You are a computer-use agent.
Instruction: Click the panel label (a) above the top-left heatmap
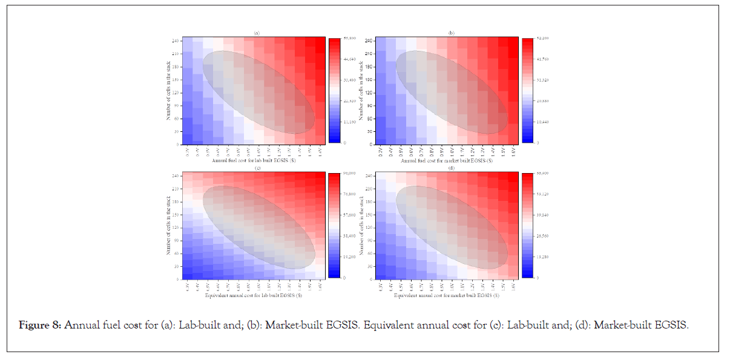(257, 33)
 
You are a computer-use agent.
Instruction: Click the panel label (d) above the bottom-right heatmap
(450, 168)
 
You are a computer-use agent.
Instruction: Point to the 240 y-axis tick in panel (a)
(174, 41)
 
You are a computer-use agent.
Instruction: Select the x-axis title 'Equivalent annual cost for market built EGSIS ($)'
(447, 296)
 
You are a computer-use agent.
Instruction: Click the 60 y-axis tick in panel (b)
(368, 119)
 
